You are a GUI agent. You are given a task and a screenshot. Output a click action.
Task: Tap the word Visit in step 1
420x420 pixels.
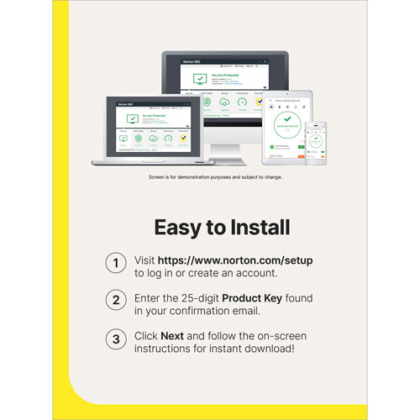click(148, 260)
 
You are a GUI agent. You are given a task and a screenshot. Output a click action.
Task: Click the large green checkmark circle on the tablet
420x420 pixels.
click(287, 122)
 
